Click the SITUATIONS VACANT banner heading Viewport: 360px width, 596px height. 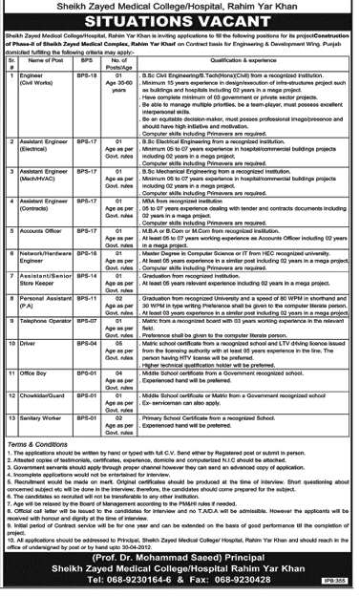click(x=180, y=25)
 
